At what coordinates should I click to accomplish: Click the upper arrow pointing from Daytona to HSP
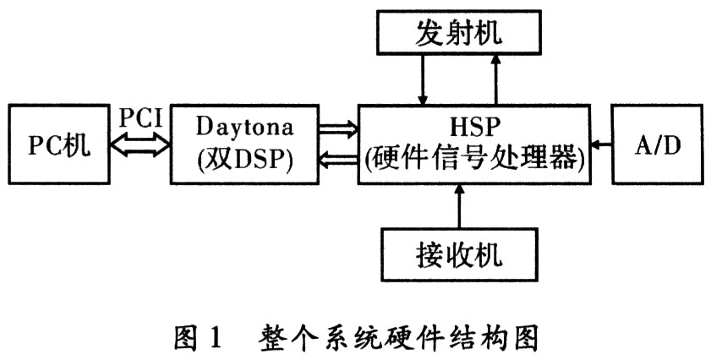coord(337,128)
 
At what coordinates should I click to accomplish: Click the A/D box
coord(658,144)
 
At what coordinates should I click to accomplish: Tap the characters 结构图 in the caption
coord(506,336)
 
